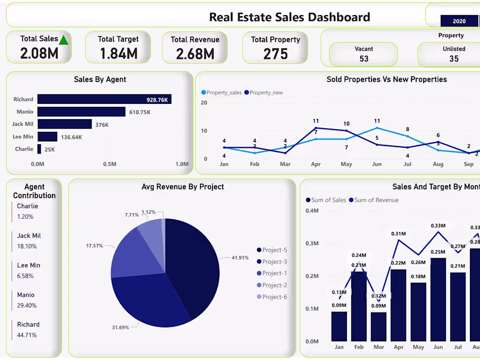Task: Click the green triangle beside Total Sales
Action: tap(64, 40)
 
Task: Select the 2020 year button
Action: tap(459, 21)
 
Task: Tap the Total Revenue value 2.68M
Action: tap(195, 54)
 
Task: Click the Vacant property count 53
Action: tap(364, 58)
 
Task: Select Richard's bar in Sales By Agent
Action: tap(104, 99)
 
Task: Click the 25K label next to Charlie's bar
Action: tap(49, 149)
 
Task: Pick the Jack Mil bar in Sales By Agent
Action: tap(65, 124)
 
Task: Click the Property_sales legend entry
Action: tap(221, 93)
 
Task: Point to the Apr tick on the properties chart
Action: tap(315, 164)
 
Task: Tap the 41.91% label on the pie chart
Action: tap(240, 258)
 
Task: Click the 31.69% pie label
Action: tap(120, 327)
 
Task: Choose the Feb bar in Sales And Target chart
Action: tap(359, 306)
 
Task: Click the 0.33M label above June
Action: tap(438, 226)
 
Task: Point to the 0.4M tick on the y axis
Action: tap(312, 211)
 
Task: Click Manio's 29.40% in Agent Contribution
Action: tap(27, 305)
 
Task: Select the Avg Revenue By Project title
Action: tap(182, 187)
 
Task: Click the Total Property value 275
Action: tap(275, 54)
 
